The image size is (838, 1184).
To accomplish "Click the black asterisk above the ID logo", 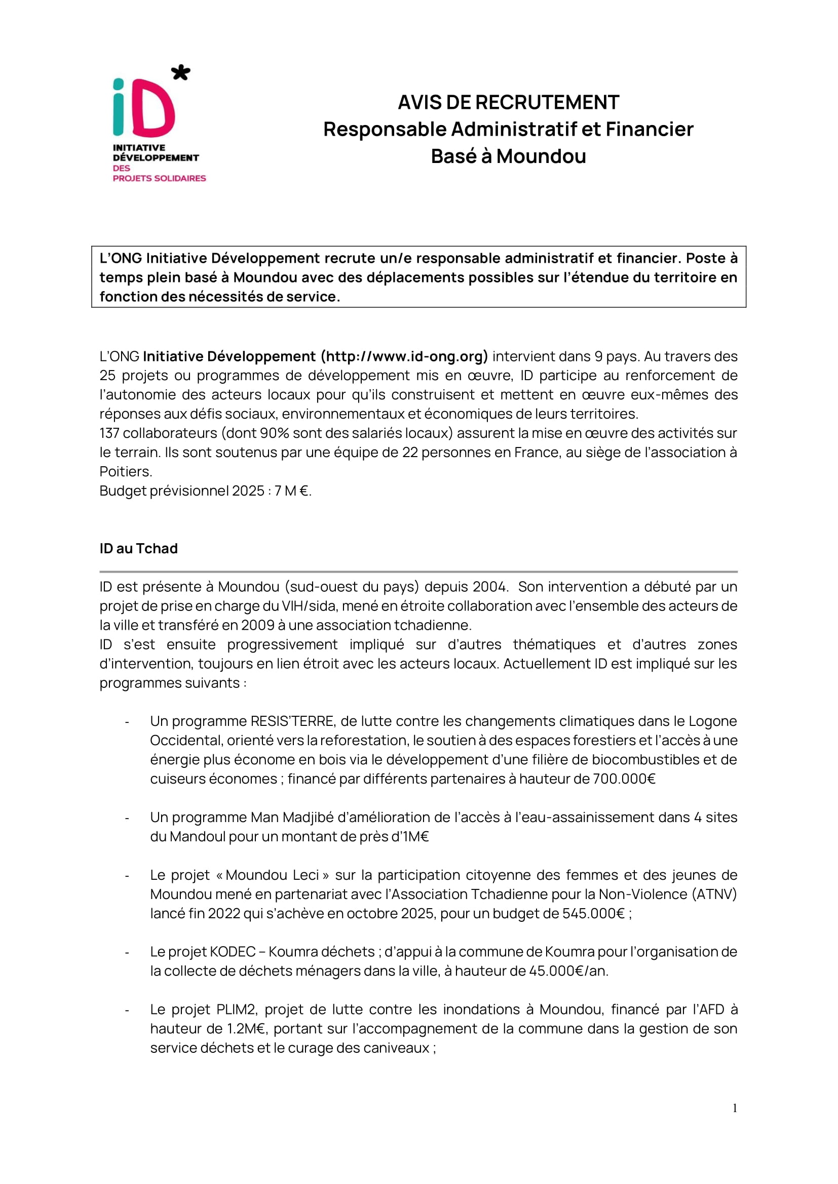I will click(x=180, y=72).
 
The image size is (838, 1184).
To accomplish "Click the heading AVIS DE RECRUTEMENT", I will click(x=508, y=102).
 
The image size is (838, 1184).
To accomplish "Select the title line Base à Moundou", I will click(x=508, y=156).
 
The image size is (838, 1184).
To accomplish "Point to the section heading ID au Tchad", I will click(x=138, y=548).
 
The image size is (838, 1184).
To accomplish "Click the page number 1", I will click(x=735, y=1108).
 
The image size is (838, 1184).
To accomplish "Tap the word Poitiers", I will click(x=125, y=471).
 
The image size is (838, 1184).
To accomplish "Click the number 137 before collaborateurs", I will click(x=109, y=433).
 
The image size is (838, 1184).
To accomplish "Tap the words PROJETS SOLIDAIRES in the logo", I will click(x=159, y=178).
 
